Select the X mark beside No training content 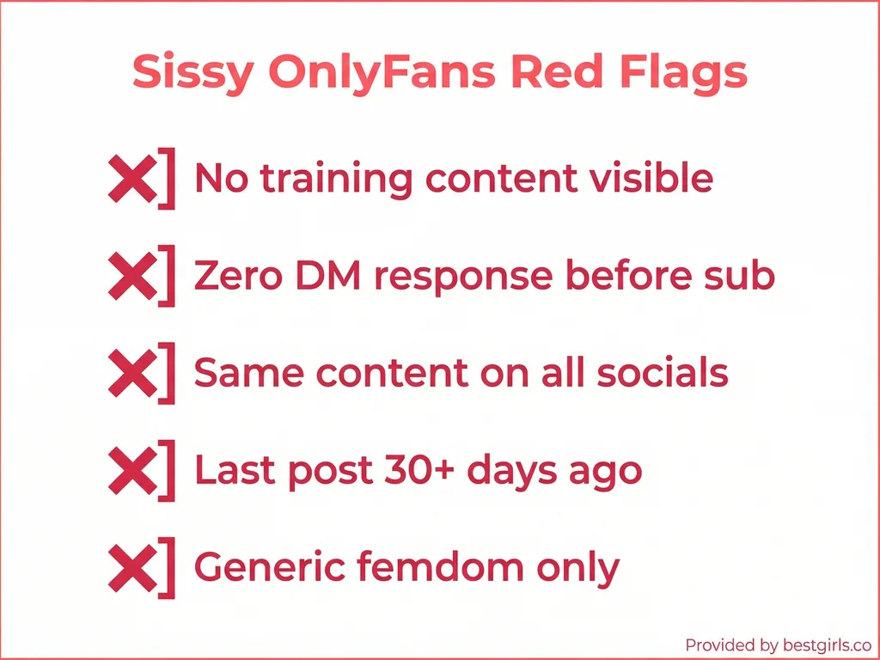[131, 179]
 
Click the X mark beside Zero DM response [131, 276]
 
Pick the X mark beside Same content [131, 373]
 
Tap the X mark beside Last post [131, 470]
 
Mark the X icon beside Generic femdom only [131, 567]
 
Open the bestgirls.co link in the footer [814, 645]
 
